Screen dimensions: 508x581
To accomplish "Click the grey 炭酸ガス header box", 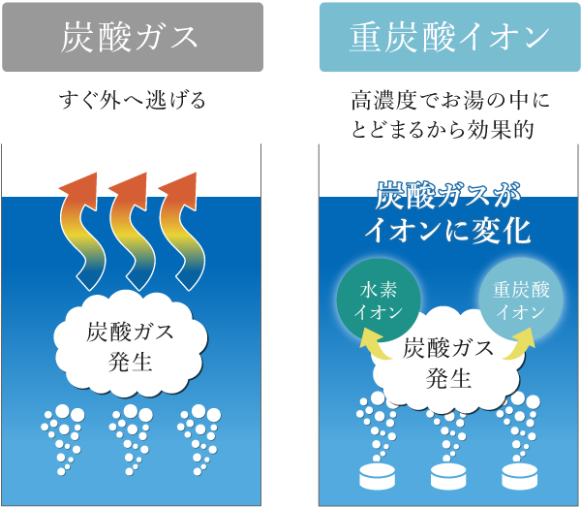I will pyautogui.click(x=131, y=37).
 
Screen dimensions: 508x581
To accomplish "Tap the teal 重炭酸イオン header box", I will pyautogui.click(x=448, y=37).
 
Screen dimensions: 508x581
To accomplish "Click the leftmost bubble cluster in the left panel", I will pyautogui.click(x=61, y=436).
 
